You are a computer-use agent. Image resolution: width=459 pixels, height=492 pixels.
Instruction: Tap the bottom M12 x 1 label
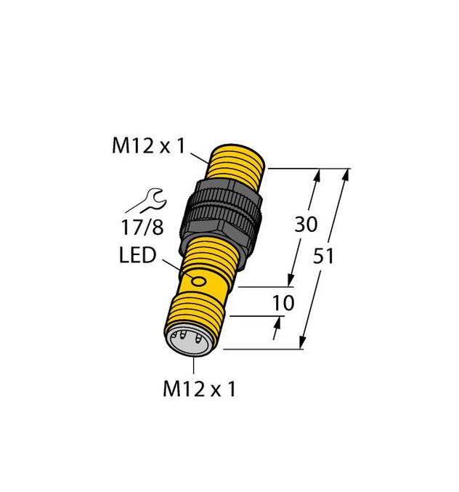pos(198,390)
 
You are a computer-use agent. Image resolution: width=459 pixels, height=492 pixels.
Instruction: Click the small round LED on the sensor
pos(197,279)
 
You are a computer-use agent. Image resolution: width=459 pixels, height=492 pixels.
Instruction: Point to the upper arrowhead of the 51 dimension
pos(347,174)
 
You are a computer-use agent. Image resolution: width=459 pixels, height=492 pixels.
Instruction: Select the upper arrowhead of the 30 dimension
pos(317,175)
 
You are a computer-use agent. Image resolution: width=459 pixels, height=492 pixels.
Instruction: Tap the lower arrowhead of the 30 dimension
pos(292,281)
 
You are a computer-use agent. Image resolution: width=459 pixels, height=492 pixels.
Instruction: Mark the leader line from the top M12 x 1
pos(200,156)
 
